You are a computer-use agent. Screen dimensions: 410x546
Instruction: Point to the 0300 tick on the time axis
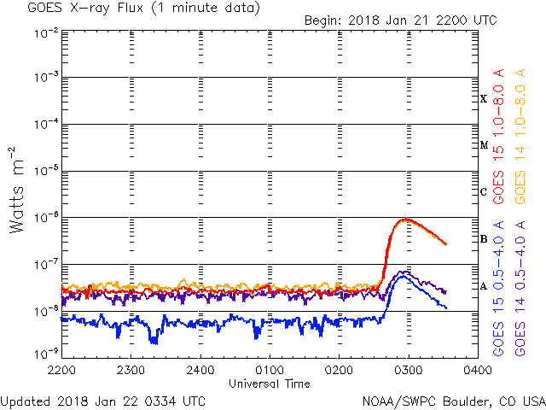click(x=408, y=370)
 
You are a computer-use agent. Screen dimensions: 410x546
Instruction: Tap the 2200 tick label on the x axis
click(x=61, y=370)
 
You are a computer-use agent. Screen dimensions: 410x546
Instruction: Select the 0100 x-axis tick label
click(x=270, y=370)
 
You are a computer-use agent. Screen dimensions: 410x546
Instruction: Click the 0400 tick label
click(x=477, y=370)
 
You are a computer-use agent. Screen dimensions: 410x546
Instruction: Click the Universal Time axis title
click(x=270, y=384)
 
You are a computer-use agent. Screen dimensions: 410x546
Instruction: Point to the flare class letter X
click(x=484, y=99)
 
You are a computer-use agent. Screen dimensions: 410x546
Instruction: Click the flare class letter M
click(x=484, y=145)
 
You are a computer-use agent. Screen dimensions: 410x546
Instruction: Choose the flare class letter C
click(x=484, y=192)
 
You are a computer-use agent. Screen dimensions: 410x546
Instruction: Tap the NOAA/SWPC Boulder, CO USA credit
click(x=453, y=400)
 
